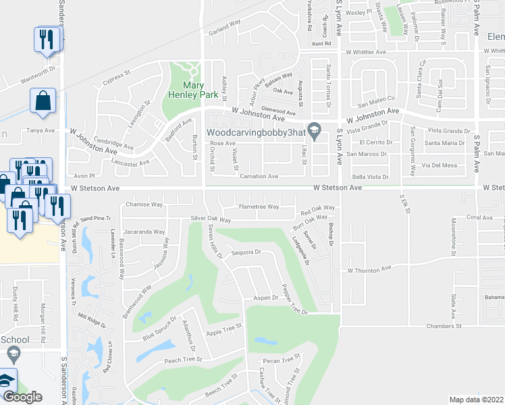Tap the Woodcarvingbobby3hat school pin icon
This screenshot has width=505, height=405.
(314, 130)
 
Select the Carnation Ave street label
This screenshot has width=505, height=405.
(259, 176)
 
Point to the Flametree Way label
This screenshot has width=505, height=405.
(258, 207)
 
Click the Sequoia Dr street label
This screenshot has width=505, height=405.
(246, 252)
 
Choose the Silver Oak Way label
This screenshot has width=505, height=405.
(211, 219)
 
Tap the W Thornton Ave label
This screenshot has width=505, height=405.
(369, 269)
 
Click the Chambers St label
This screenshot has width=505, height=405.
(443, 326)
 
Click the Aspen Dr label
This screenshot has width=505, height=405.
(266, 297)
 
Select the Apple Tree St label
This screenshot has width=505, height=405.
(223, 329)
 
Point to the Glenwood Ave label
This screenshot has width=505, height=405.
(278, 113)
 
